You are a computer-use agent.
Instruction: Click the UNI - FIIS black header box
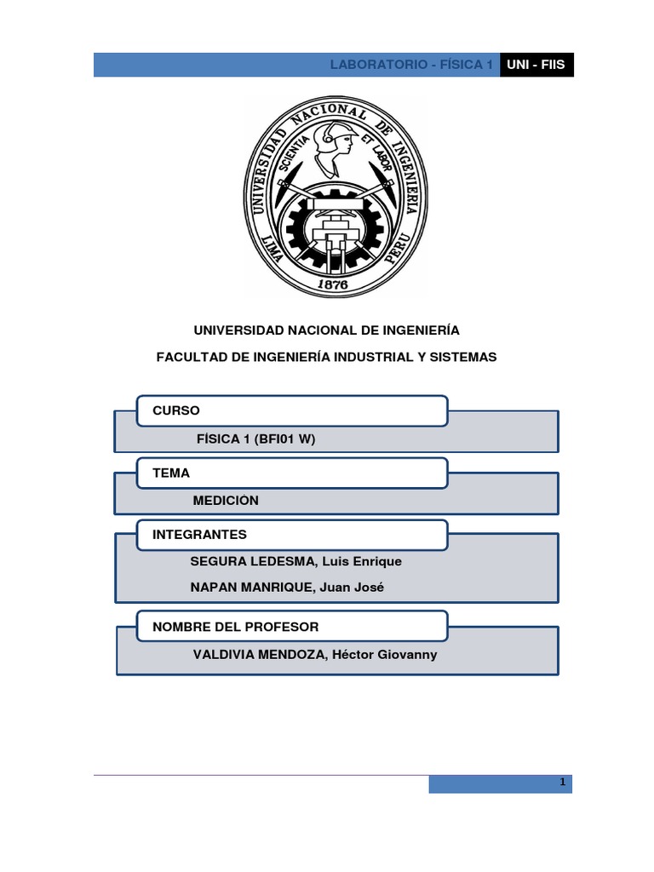[536, 65]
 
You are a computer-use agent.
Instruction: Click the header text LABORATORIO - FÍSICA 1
[411, 66]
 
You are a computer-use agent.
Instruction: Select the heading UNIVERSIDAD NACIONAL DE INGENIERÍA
[327, 330]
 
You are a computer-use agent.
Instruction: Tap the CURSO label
[176, 410]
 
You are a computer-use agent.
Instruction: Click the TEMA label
[171, 473]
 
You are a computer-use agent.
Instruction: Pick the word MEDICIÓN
[226, 501]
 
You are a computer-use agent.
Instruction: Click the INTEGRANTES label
[199, 535]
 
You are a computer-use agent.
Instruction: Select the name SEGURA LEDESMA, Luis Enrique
[297, 561]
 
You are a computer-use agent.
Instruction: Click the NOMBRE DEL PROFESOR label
[235, 627]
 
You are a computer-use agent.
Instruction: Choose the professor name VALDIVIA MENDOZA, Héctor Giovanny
[315, 655]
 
